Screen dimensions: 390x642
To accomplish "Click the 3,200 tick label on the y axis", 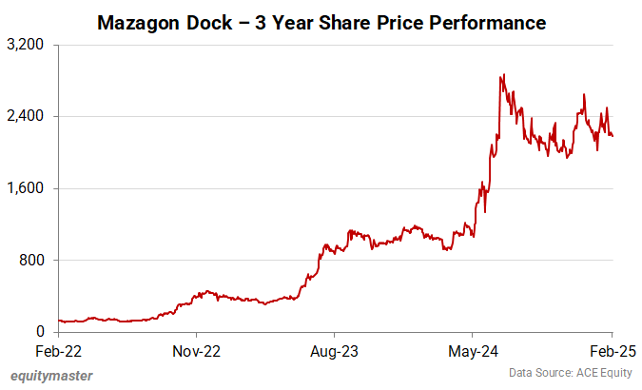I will tap(28, 45).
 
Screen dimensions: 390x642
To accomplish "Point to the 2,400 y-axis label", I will tap(28, 117).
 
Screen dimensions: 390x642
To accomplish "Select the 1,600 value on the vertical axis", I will tap(28, 188).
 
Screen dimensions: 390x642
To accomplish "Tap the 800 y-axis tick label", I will tap(33, 260).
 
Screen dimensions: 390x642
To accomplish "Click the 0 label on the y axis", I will tap(40, 332).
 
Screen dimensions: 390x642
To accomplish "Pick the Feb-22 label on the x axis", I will tap(59, 350).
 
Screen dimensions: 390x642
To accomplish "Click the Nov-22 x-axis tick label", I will tap(197, 350).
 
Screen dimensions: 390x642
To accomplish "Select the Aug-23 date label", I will tap(335, 350).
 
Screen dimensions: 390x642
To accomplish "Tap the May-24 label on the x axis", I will tap(473, 350).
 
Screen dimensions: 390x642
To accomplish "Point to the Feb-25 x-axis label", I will tap(610, 350).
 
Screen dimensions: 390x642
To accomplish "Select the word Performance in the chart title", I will tap(490, 21).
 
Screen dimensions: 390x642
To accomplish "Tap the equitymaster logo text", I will tap(51, 376).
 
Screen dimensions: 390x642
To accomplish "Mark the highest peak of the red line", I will tap(501, 75).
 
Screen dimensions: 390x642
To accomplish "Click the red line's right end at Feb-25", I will tap(613, 136).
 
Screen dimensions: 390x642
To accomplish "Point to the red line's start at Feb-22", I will tap(59, 321).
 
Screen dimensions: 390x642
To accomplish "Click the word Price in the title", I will tap(408, 21).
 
